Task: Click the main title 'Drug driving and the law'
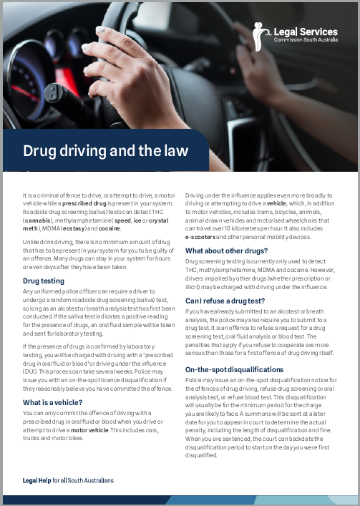coord(105,150)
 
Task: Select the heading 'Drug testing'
coord(44,281)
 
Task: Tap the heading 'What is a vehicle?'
coord(53,402)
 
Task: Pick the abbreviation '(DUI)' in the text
coord(31,371)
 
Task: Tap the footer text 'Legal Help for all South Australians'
coord(68,479)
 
